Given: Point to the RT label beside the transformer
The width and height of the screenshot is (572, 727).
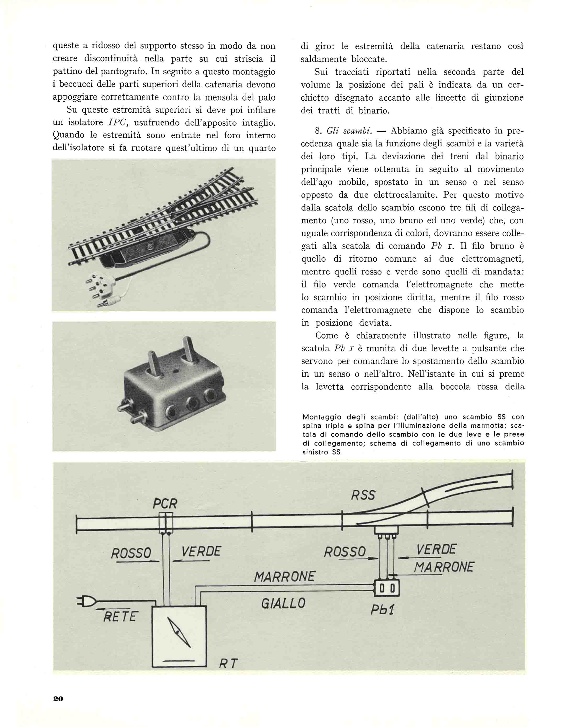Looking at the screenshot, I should pyautogui.click(x=228, y=663).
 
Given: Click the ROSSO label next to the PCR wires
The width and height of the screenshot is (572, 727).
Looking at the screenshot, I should pyautogui.click(x=131, y=553).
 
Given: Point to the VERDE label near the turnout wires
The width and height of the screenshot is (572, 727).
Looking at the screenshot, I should pyautogui.click(x=436, y=549).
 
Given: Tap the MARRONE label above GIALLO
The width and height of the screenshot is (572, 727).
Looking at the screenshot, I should pyautogui.click(x=284, y=576).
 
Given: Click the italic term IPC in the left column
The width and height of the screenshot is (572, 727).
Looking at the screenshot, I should pyautogui.click(x=116, y=123).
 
